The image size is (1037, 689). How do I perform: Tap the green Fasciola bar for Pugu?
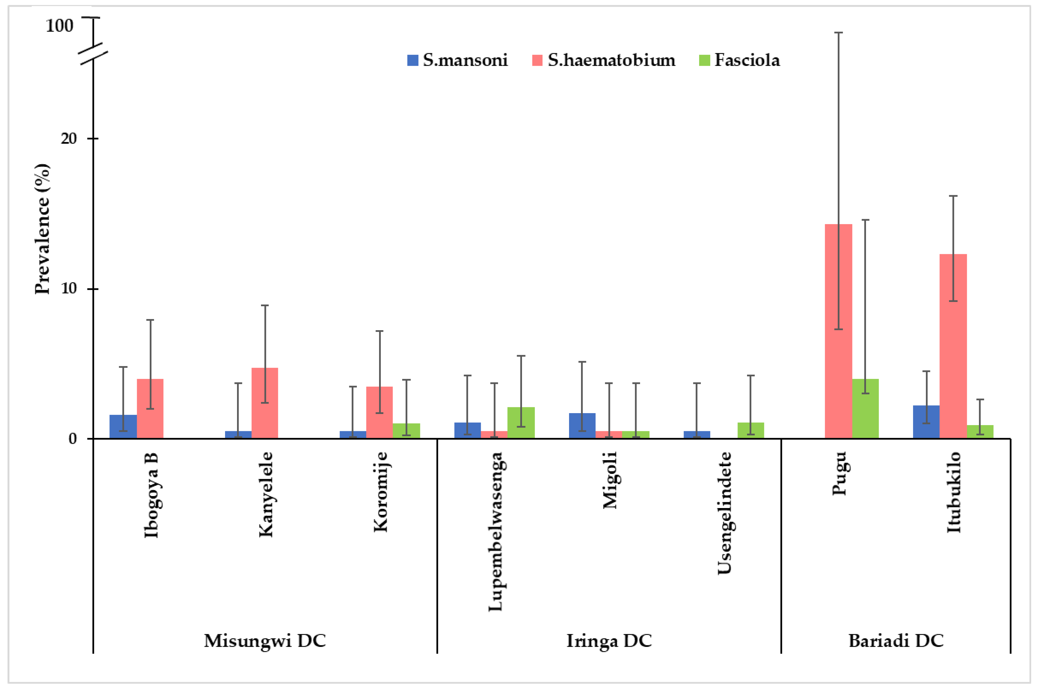coord(865,409)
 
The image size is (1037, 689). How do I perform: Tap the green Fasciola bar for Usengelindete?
coord(750,431)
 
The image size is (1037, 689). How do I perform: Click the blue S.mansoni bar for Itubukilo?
coord(926,422)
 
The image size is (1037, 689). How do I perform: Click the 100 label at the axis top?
coord(59,26)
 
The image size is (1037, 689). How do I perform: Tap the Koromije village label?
coord(380,492)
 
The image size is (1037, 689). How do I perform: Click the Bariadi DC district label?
coord(896,641)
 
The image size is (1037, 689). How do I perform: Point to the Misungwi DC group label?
coord(265,641)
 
